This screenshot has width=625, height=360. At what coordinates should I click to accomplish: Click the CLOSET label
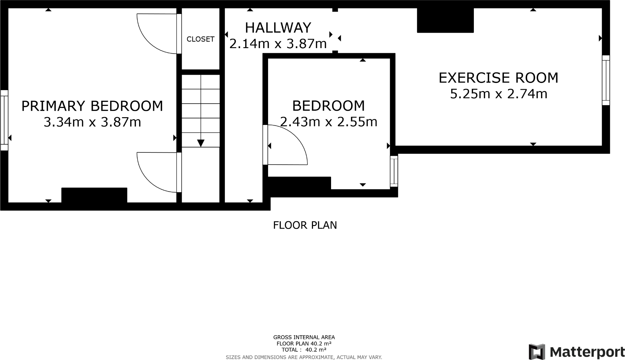(200, 39)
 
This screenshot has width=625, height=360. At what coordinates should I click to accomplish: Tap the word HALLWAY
(278, 28)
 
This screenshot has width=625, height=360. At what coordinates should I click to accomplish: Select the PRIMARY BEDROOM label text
(92, 106)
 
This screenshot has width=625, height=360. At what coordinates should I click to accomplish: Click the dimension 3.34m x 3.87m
(92, 122)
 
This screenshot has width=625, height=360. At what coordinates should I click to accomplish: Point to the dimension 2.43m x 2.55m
(328, 122)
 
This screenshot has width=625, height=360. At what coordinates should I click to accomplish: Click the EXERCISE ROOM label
(498, 78)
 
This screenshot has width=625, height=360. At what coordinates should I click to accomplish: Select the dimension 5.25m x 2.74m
(498, 94)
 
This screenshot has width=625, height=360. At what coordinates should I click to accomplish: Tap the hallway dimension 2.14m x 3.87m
(278, 44)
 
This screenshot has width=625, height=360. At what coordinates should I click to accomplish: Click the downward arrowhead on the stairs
(201, 143)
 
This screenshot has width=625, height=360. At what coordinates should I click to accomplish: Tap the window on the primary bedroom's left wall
(4, 120)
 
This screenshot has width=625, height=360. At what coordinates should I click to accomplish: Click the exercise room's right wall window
(606, 80)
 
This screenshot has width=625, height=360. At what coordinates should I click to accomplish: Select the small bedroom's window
(394, 171)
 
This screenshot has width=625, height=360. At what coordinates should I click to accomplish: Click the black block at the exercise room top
(445, 20)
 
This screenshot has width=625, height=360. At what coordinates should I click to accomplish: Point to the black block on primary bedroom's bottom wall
(94, 195)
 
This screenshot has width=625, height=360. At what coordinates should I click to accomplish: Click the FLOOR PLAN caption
(305, 225)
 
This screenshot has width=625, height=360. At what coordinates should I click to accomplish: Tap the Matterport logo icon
(537, 352)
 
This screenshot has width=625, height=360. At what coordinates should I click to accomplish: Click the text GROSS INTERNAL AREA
(304, 337)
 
